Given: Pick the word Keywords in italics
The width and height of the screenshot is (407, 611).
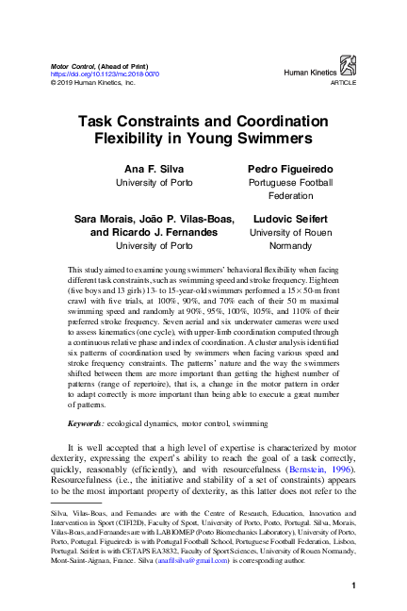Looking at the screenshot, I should (90, 425).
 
